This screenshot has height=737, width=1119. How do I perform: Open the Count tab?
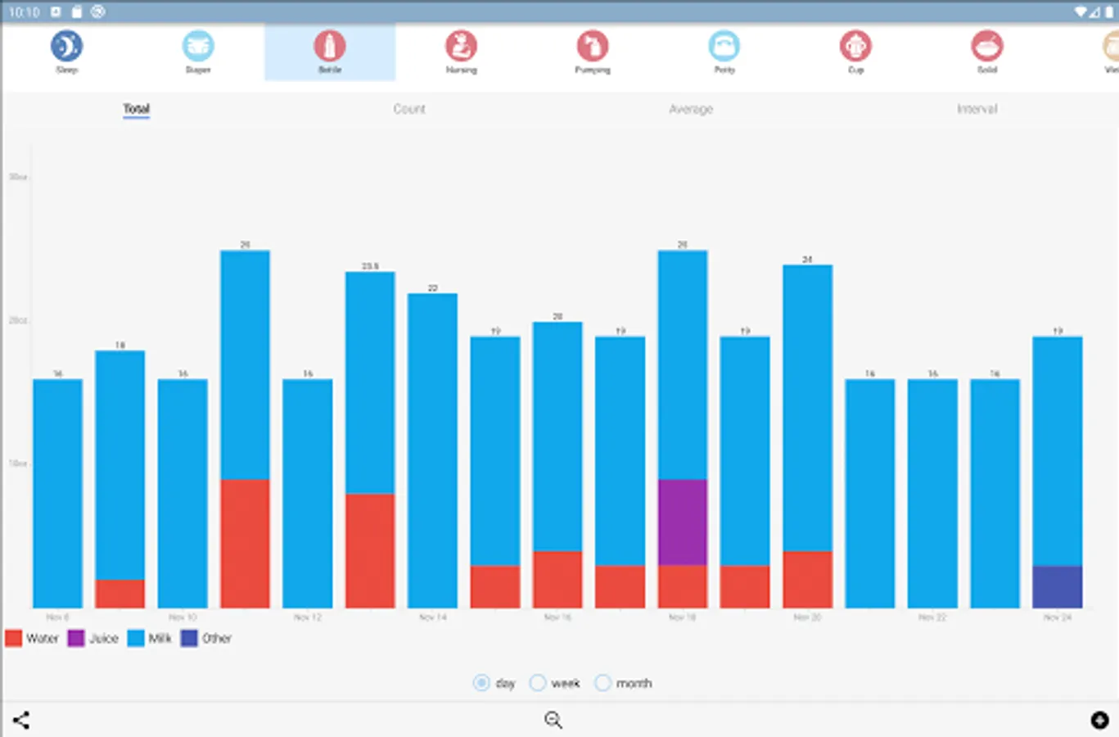409,109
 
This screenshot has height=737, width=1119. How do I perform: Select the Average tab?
691,109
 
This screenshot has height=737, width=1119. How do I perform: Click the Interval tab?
977,109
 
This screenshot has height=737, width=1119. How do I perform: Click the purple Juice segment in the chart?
683,522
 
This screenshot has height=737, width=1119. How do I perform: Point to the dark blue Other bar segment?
1058,586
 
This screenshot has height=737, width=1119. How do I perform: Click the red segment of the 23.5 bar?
370,550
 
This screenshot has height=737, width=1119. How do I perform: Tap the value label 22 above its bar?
433,288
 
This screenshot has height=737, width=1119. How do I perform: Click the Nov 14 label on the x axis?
433,617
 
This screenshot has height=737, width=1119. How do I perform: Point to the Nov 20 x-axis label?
807,617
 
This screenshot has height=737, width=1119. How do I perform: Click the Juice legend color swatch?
76,638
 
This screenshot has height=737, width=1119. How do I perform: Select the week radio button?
538,683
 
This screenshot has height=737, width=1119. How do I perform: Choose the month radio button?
603,683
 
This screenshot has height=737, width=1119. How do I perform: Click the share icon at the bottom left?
21,721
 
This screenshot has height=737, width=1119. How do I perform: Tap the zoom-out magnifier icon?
553,720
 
